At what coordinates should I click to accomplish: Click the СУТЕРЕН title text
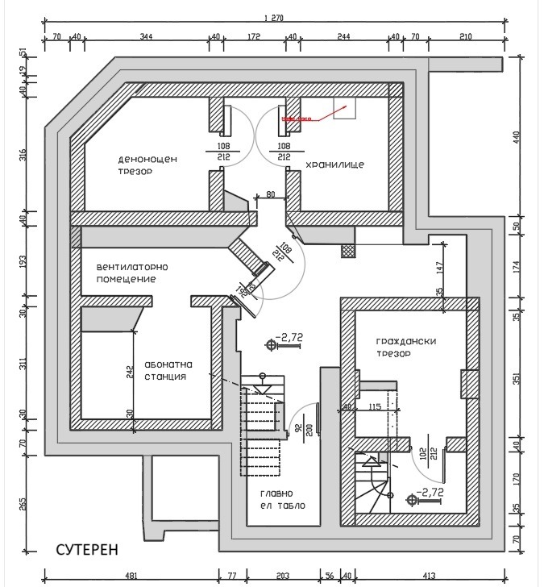pos(87,549)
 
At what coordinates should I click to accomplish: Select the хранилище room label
pos(334,164)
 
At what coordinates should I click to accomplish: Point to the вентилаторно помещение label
pos(136,273)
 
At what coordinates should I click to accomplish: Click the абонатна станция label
pos(167,369)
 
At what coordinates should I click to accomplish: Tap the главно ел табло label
pos(282,500)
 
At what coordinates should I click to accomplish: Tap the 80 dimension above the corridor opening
pos(270,194)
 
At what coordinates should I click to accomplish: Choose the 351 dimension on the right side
pos(529,378)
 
